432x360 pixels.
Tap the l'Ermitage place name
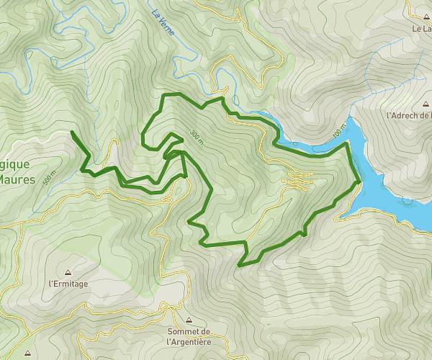point(68,284)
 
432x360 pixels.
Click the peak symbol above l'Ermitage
point(68,273)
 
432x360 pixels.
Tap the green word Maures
point(17,179)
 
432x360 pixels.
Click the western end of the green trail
point(73,132)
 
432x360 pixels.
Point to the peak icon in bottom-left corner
point(27,354)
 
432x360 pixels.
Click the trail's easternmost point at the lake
point(359,183)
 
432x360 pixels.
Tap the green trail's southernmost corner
point(240,265)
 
